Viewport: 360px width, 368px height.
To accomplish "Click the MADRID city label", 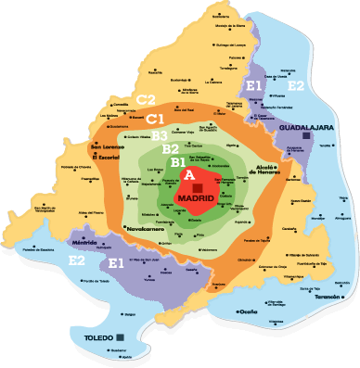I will pos(196,199).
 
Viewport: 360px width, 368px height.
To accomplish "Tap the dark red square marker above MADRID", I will pos(197,187).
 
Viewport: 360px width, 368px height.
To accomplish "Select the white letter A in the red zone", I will pos(189,174).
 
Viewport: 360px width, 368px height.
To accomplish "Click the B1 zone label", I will pos(177,162).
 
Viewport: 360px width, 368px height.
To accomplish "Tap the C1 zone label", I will pos(155,119).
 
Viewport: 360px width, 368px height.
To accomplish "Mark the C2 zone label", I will pos(146,99).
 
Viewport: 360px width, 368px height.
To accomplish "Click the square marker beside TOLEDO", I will pos(122,335).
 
